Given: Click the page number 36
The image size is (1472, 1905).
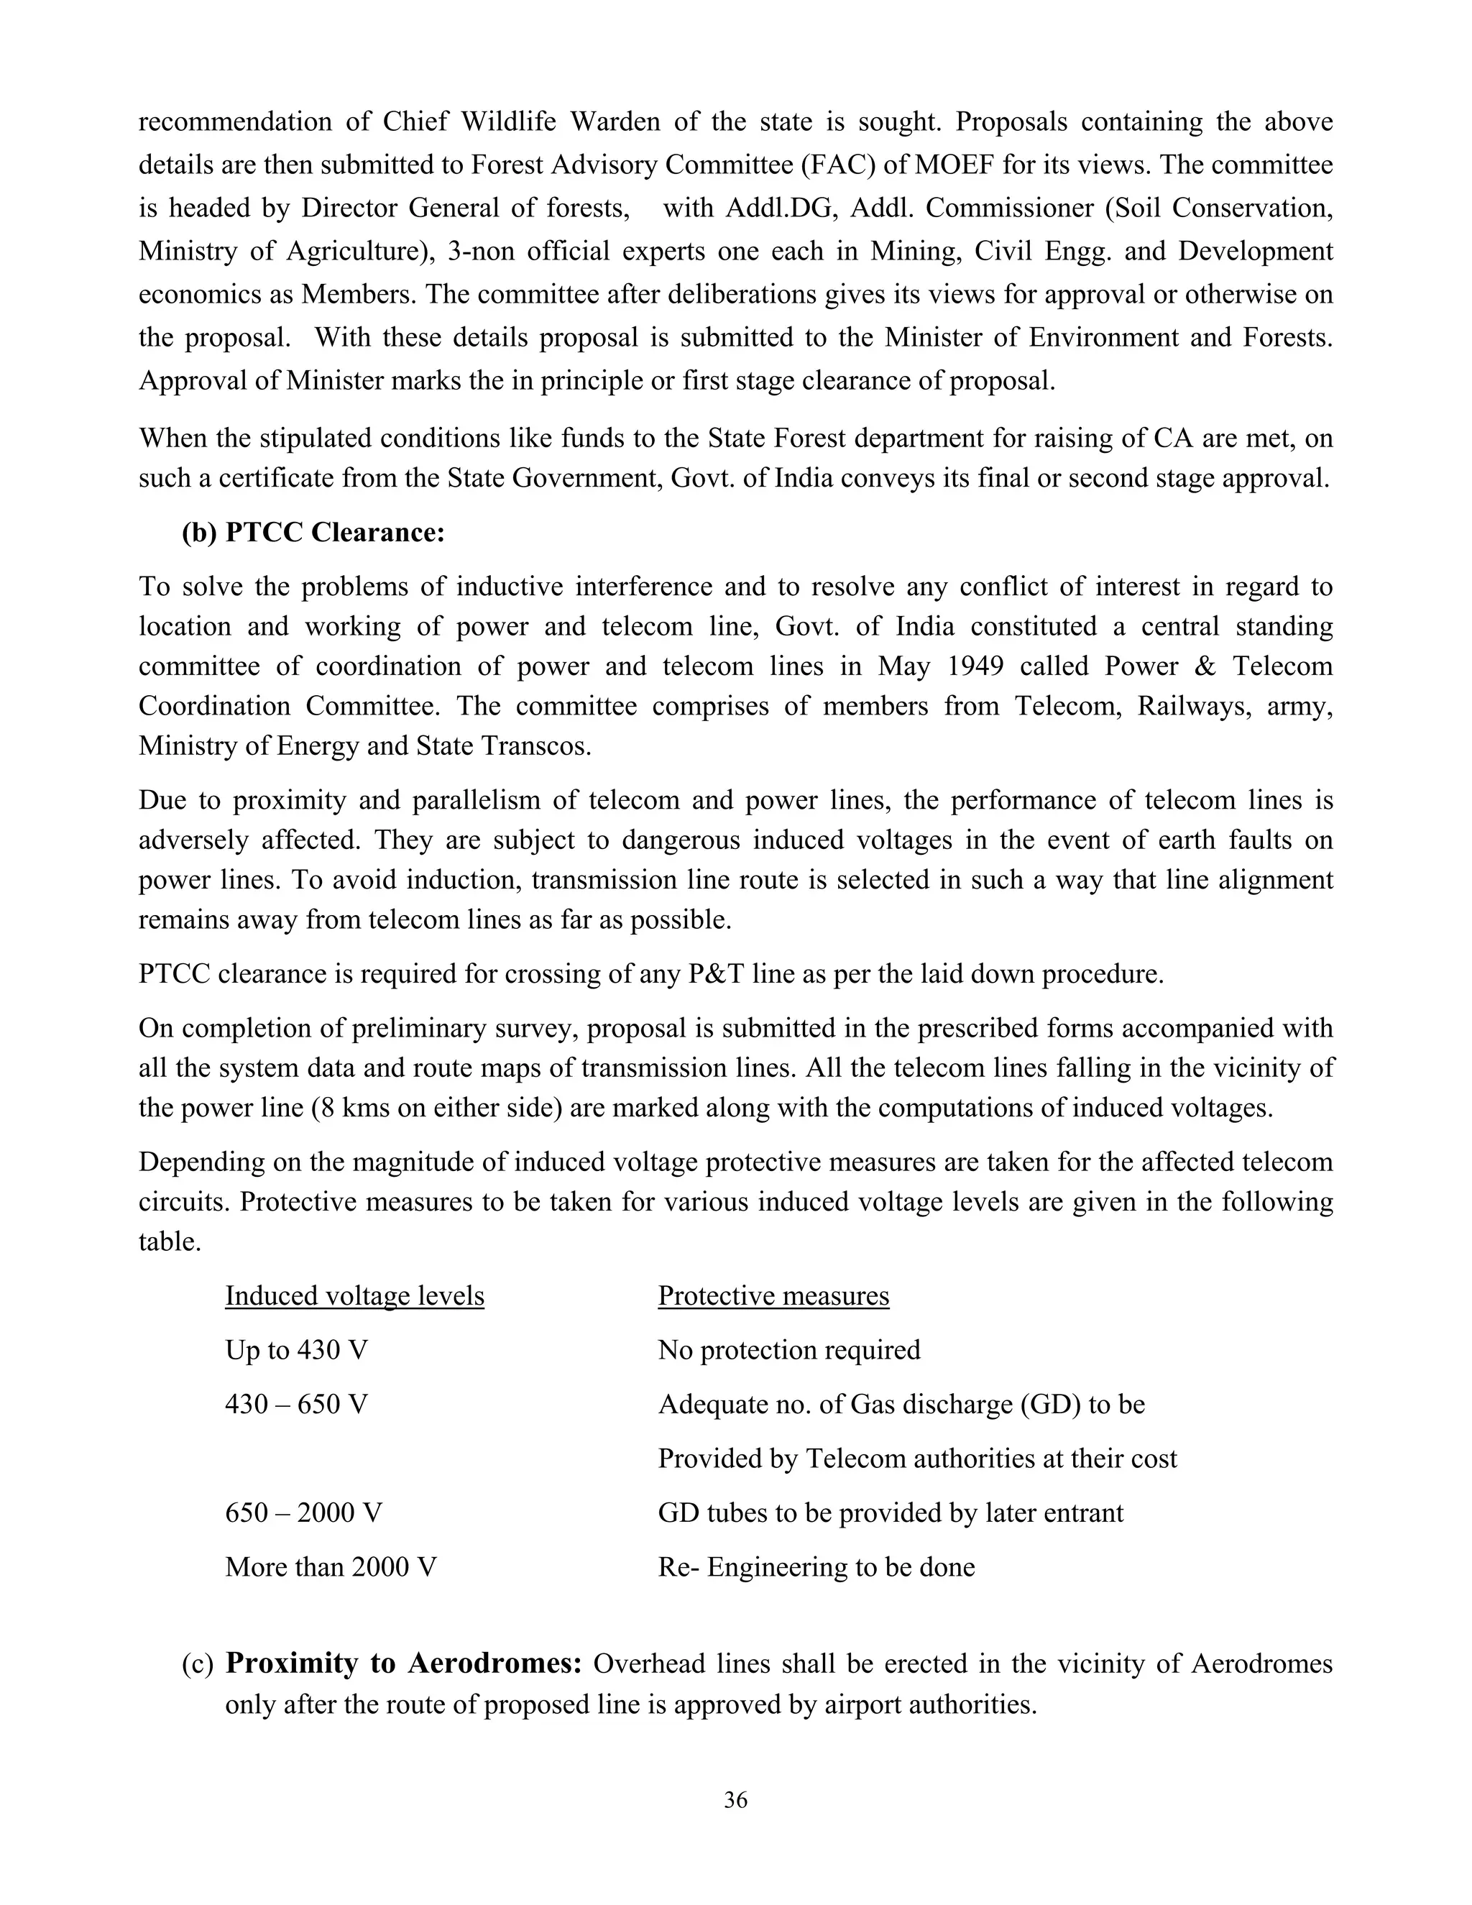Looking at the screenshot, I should (735, 1799).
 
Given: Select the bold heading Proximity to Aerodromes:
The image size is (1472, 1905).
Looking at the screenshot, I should (403, 1663).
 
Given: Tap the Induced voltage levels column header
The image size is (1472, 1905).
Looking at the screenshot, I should (354, 1295).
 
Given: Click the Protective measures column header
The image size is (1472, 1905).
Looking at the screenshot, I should (773, 1295).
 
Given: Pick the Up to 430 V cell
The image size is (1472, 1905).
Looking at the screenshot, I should (297, 1349).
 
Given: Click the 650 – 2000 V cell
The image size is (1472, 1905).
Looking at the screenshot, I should (303, 1512).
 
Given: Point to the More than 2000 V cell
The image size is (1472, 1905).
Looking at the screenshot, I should (331, 1566).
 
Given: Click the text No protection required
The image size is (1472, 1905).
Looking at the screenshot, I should (788, 1349).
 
